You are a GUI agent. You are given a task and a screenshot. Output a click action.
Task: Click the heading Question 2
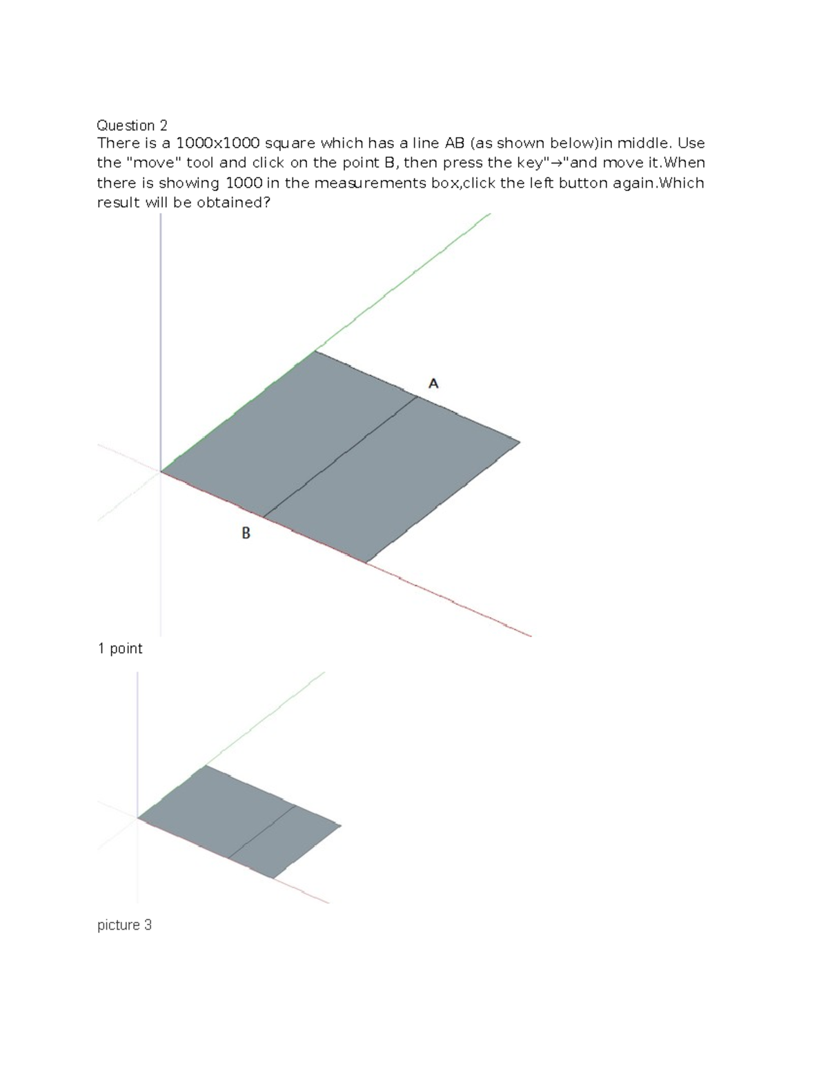(132, 126)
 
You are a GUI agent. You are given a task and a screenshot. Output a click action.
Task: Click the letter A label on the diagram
(433, 383)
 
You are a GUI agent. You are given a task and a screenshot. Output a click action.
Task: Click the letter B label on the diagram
(246, 533)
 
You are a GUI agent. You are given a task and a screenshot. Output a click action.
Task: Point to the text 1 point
(120, 648)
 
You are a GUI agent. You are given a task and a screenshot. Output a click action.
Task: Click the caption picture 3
(124, 925)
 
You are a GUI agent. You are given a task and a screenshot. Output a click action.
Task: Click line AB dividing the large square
(341, 457)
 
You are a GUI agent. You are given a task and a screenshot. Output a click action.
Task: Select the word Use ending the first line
(691, 143)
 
